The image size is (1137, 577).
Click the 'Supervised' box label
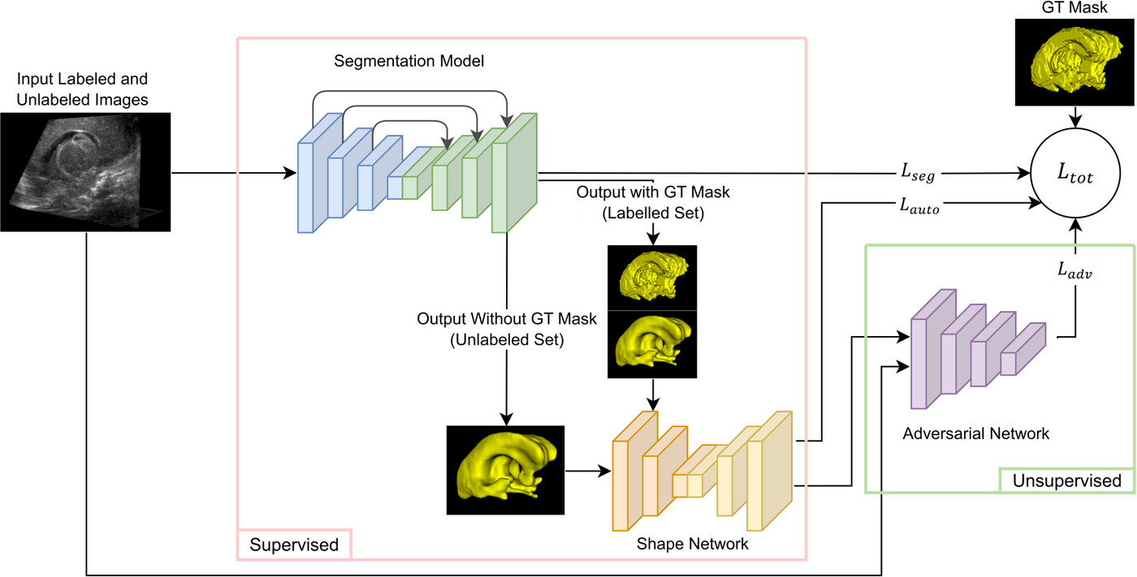pos(293,545)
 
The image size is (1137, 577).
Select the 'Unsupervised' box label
pos(1066,480)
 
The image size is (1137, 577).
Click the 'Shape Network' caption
pos(692,545)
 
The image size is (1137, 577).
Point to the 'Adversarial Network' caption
pos(975,433)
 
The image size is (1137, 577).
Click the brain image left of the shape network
pos(505,470)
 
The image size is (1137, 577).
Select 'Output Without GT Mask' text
pos(506,329)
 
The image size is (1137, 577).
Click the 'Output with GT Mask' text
pos(653,203)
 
